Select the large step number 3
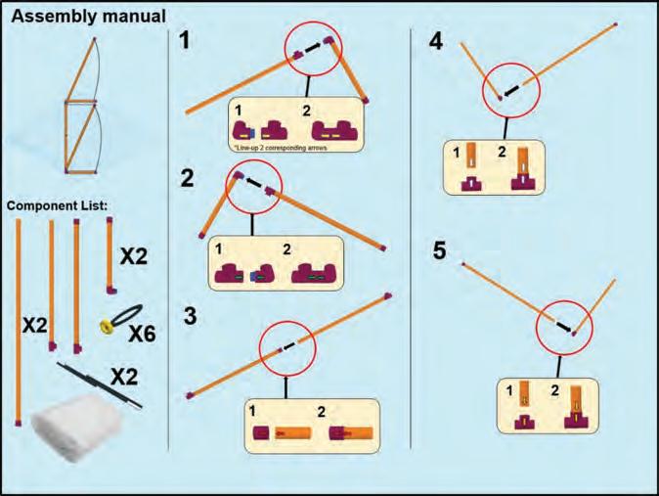(x=192, y=316)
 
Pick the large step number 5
(x=440, y=251)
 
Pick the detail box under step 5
(x=548, y=405)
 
